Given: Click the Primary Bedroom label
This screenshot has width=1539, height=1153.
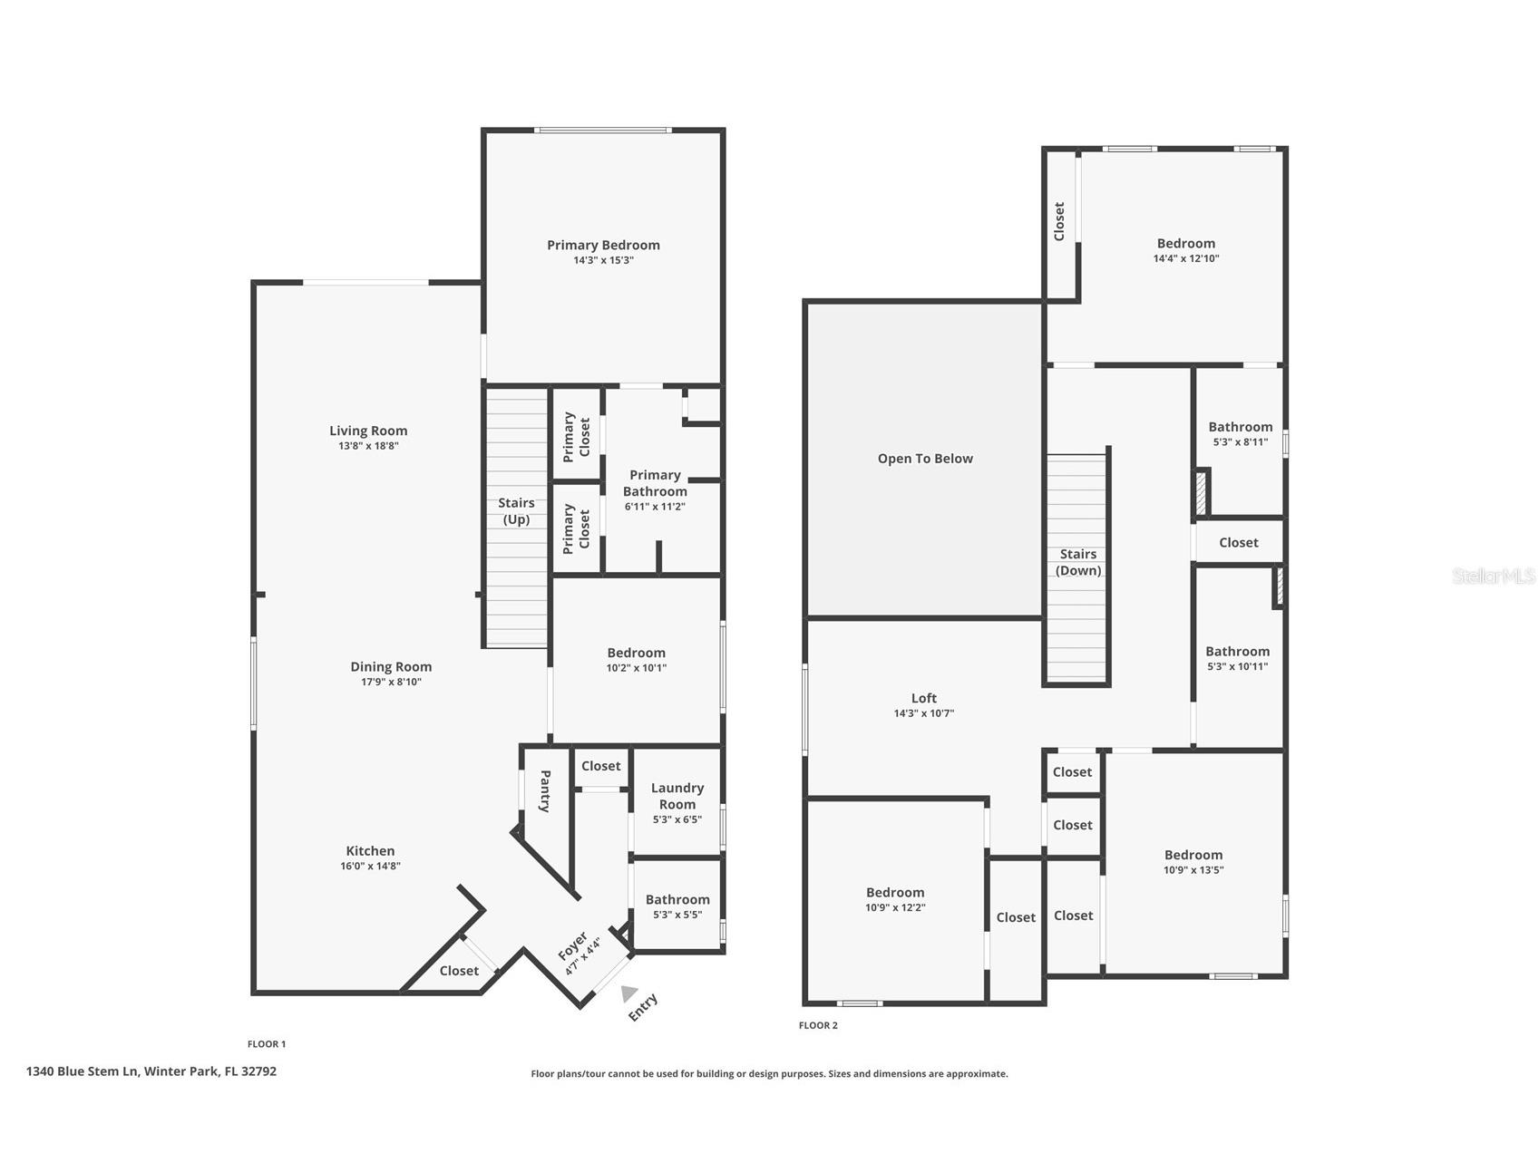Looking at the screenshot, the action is pyautogui.click(x=603, y=245).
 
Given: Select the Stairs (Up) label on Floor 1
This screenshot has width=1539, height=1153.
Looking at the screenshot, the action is pyautogui.click(x=516, y=511).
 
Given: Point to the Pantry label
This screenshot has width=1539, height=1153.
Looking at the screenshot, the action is pyautogui.click(x=545, y=791).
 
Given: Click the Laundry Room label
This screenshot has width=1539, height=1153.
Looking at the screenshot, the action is pyautogui.click(x=677, y=796).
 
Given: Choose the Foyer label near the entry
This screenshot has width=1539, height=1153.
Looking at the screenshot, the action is pyautogui.click(x=572, y=946).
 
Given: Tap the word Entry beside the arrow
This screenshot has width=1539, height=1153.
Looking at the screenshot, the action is pyautogui.click(x=643, y=1007).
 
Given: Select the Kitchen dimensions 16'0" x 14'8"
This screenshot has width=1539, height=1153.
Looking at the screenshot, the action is pyautogui.click(x=370, y=866).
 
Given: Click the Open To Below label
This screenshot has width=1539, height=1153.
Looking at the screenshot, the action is pyautogui.click(x=925, y=459).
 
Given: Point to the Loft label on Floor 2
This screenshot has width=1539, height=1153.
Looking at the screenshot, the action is pyautogui.click(x=924, y=698).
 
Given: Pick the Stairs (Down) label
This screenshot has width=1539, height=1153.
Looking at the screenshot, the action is pyautogui.click(x=1078, y=562).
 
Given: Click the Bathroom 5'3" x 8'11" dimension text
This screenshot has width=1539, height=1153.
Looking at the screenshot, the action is pyautogui.click(x=1239, y=442).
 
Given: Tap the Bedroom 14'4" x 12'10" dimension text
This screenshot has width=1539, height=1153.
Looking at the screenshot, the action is pyautogui.click(x=1186, y=258).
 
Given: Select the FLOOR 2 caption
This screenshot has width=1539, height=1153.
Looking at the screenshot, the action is pyautogui.click(x=818, y=1025).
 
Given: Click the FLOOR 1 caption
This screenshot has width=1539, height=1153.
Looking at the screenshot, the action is pyautogui.click(x=267, y=1044).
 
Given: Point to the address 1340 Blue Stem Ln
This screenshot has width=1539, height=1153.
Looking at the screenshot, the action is pyautogui.click(x=82, y=1071).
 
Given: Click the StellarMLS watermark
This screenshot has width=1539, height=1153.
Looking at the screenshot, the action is pyautogui.click(x=1494, y=576).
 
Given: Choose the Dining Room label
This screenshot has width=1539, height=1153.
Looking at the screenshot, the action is pyautogui.click(x=391, y=667).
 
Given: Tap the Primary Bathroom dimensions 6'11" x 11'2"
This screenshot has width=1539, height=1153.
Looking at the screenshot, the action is pyautogui.click(x=655, y=507).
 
